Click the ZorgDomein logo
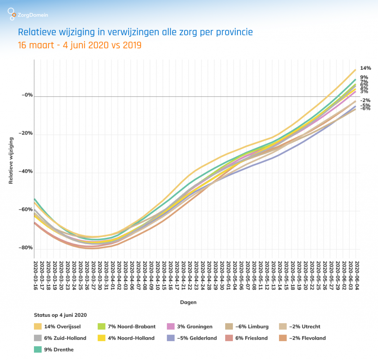coord(28,15)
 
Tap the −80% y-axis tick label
coord(26,248)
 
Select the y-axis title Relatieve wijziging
coord(11,160)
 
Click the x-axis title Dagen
coord(188,302)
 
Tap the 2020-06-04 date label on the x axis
coord(357,275)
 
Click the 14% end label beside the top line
coord(365,68)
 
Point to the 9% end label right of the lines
coord(364,77)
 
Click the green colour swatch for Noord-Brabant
coord(102,326)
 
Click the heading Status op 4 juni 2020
coord(60,315)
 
